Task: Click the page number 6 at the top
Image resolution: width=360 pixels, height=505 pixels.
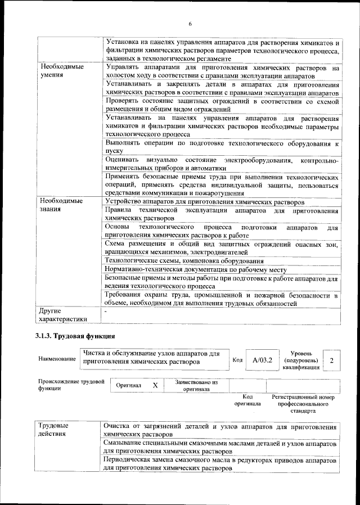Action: point(190,24)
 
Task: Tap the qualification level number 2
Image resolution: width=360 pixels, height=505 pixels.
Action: point(332,360)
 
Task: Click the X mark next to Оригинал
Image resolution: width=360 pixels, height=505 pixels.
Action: point(155,386)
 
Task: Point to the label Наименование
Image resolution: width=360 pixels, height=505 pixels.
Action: point(56,359)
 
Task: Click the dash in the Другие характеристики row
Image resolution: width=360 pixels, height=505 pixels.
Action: point(106,310)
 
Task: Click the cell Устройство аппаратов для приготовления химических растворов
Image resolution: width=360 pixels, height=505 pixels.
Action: point(205,201)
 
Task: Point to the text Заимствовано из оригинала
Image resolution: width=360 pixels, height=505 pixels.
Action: point(196,386)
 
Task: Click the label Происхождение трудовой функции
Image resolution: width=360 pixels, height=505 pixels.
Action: point(70,386)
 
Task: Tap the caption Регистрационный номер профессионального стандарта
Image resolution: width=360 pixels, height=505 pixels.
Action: point(303,403)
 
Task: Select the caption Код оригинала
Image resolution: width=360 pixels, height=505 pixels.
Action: point(247,400)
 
